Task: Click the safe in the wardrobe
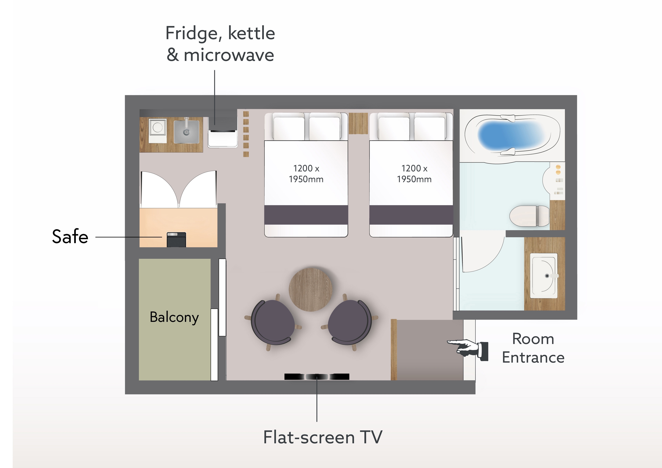[x=177, y=240]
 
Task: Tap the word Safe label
[x=70, y=236]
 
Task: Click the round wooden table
[x=311, y=290]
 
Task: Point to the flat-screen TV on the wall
[x=317, y=377]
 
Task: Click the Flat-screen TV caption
[x=323, y=437]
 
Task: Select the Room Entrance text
[x=533, y=348]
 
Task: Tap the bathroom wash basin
[x=543, y=276]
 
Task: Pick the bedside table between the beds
[x=358, y=123]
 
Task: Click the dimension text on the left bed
[x=306, y=174]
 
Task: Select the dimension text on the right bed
[x=414, y=174]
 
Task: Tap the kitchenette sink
[x=187, y=131]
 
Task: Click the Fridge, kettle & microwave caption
[x=220, y=44]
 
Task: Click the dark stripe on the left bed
[x=306, y=215]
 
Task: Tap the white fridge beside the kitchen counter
[x=223, y=139]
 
